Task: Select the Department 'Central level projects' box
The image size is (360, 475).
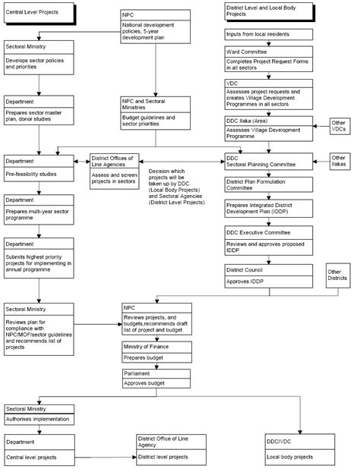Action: coord(39,449)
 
